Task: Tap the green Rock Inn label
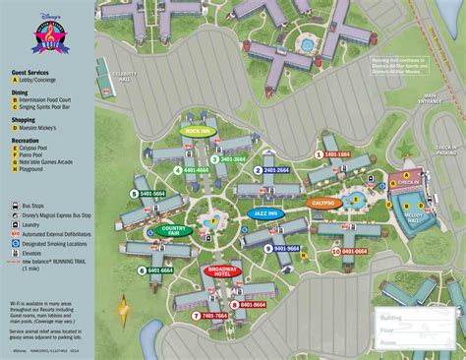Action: (197, 130)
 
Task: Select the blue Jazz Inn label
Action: (264, 211)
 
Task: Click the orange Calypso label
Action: (322, 204)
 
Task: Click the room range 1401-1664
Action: (335, 154)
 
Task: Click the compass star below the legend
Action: (122, 313)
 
